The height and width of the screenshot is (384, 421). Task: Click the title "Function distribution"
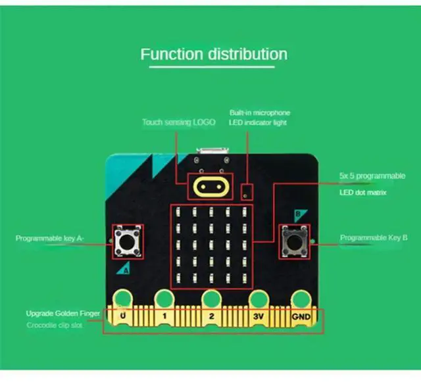[x=214, y=54]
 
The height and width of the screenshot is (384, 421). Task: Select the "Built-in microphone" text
[x=259, y=112]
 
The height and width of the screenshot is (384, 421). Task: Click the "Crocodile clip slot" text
[x=55, y=325]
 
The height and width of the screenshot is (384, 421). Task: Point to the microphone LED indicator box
[x=247, y=192]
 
